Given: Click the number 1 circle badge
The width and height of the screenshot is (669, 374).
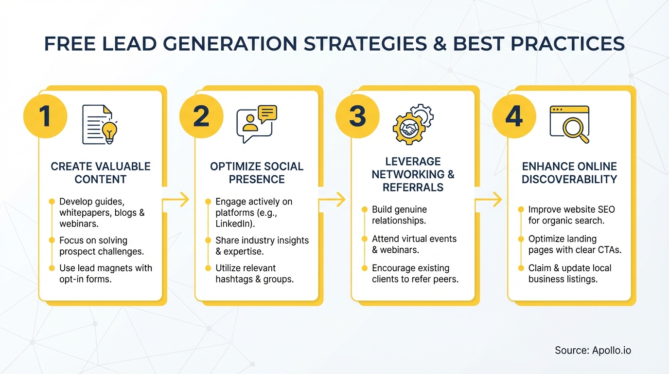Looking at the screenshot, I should (x=45, y=117).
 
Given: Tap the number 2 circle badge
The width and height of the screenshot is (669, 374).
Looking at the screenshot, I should (x=201, y=117).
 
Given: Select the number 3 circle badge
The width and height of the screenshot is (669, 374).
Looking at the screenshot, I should (x=357, y=117).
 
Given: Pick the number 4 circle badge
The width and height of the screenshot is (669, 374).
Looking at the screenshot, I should (x=514, y=117).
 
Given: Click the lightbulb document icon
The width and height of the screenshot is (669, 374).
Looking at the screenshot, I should (x=100, y=125).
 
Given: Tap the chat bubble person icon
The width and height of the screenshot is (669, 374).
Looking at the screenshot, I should (x=256, y=124).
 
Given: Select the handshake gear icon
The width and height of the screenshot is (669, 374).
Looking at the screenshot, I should (x=412, y=124).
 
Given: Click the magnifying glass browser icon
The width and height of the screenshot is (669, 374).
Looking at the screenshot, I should (x=569, y=124).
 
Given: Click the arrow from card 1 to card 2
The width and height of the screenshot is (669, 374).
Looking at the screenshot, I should (x=176, y=199).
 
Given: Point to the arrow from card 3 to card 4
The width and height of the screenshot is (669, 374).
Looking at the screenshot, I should (x=489, y=199).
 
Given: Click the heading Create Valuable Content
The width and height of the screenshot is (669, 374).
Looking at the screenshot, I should (x=100, y=173).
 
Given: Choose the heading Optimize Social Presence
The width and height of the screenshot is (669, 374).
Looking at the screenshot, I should (x=257, y=173).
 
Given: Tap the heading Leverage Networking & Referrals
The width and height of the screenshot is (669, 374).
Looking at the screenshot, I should (x=413, y=174).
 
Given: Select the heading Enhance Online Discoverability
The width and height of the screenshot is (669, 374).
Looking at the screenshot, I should (x=569, y=173).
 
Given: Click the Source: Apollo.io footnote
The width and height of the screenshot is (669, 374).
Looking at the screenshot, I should (x=593, y=350).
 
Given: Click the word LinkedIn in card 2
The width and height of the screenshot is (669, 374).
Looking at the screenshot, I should (x=233, y=224).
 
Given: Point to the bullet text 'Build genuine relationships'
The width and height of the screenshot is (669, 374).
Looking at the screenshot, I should (x=399, y=215).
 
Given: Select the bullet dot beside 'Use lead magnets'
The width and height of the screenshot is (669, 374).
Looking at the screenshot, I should (x=52, y=268).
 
